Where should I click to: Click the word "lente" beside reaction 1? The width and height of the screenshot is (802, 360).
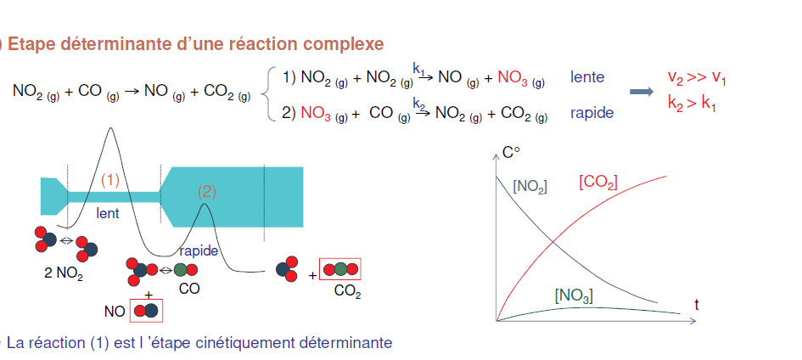tap(587, 77)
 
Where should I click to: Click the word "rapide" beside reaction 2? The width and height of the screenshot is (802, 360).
tap(592, 112)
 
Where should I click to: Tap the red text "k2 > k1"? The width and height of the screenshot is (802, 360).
tap(693, 105)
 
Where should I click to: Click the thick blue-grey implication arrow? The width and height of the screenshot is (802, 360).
tap(642, 92)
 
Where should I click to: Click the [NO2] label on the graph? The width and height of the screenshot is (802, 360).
tap(530, 185)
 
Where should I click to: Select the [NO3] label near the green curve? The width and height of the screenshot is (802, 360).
tap(574, 295)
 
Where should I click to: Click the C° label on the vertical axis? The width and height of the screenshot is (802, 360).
tap(511, 154)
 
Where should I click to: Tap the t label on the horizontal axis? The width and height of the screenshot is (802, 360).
tap(696, 303)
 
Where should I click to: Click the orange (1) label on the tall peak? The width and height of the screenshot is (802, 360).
tap(111, 180)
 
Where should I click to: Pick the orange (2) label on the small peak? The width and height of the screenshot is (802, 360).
tap(207, 191)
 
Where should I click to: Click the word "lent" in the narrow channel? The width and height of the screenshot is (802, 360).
tap(108, 214)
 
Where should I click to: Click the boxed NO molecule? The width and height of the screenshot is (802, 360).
tap(146, 311)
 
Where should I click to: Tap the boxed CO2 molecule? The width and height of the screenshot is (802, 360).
tap(340, 270)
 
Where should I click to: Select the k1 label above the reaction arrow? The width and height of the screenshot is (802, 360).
tap(419, 67)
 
